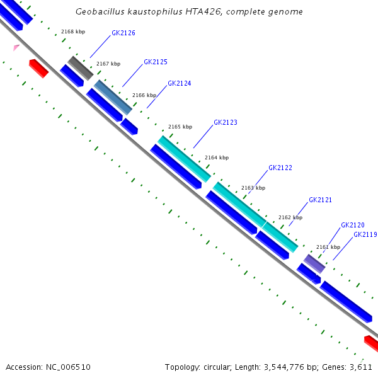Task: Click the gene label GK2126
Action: (x=123, y=33)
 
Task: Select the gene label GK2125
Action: (x=156, y=62)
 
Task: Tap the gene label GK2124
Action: (x=180, y=83)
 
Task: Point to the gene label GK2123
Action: (x=226, y=122)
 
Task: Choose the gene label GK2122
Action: (x=280, y=168)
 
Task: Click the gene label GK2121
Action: (x=320, y=200)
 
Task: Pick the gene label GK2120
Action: (x=353, y=225)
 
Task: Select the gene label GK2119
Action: (x=365, y=234)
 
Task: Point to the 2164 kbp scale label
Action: (x=217, y=157)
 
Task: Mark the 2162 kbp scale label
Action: (x=290, y=217)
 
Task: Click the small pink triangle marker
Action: (x=16, y=47)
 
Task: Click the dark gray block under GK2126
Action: (x=81, y=67)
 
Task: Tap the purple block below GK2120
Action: (x=314, y=263)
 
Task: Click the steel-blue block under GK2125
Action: (x=113, y=97)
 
